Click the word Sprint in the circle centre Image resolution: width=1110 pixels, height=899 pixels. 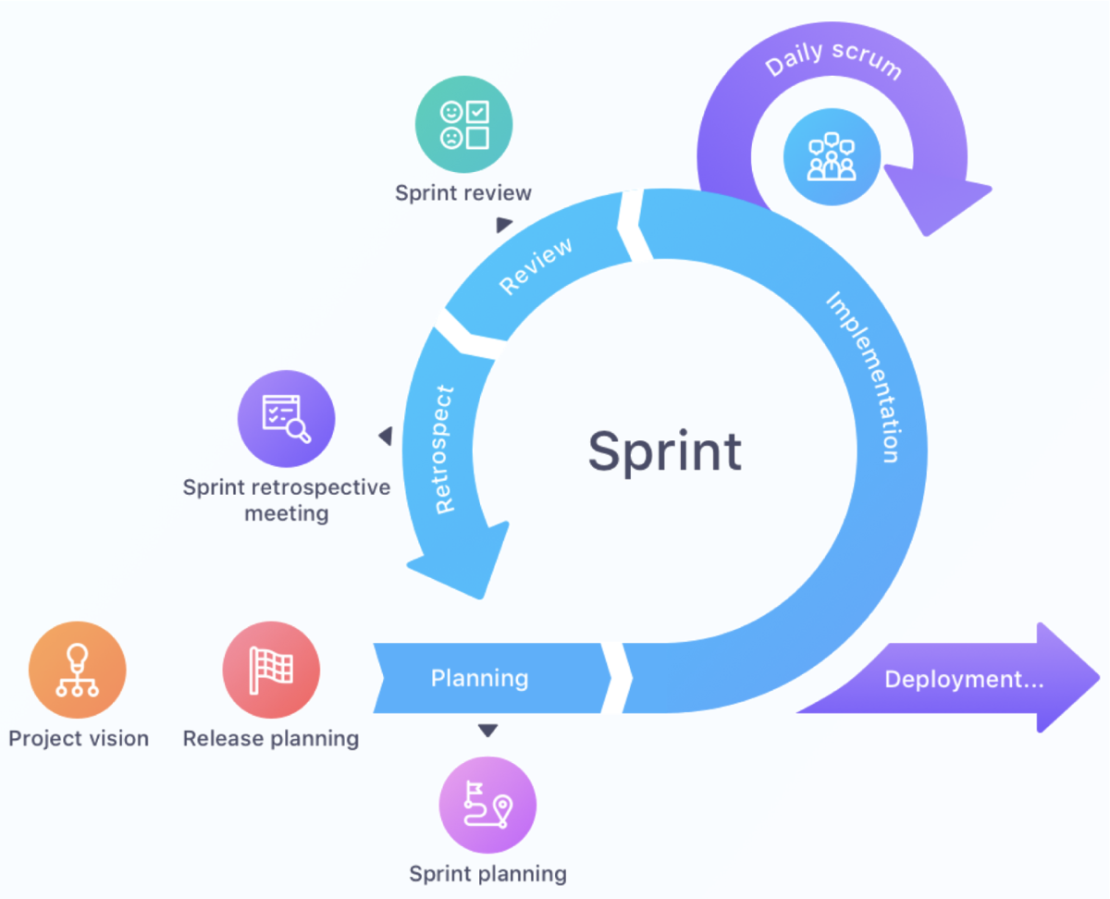click(x=664, y=451)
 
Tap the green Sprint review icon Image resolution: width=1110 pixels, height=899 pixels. click(x=463, y=124)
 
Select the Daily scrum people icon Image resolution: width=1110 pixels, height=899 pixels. click(x=832, y=156)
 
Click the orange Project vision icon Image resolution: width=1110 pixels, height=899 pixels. click(x=77, y=671)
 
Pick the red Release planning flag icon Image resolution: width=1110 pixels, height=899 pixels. click(x=271, y=671)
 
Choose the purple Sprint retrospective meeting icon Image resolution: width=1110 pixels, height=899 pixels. click(x=287, y=419)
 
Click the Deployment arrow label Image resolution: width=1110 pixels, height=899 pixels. click(x=964, y=680)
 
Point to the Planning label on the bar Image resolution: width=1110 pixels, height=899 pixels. click(x=479, y=678)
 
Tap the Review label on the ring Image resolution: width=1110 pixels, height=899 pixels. click(x=536, y=265)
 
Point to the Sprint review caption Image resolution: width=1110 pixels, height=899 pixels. click(x=463, y=193)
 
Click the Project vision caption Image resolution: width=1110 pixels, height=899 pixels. click(x=79, y=739)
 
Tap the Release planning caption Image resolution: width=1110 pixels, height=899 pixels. click(x=271, y=739)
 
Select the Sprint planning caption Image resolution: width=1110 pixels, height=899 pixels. click(x=487, y=874)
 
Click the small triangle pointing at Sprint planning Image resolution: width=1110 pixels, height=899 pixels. click(x=487, y=732)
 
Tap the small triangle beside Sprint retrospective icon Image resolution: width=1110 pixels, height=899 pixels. click(x=385, y=436)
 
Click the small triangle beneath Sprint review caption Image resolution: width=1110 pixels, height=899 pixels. click(x=503, y=225)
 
